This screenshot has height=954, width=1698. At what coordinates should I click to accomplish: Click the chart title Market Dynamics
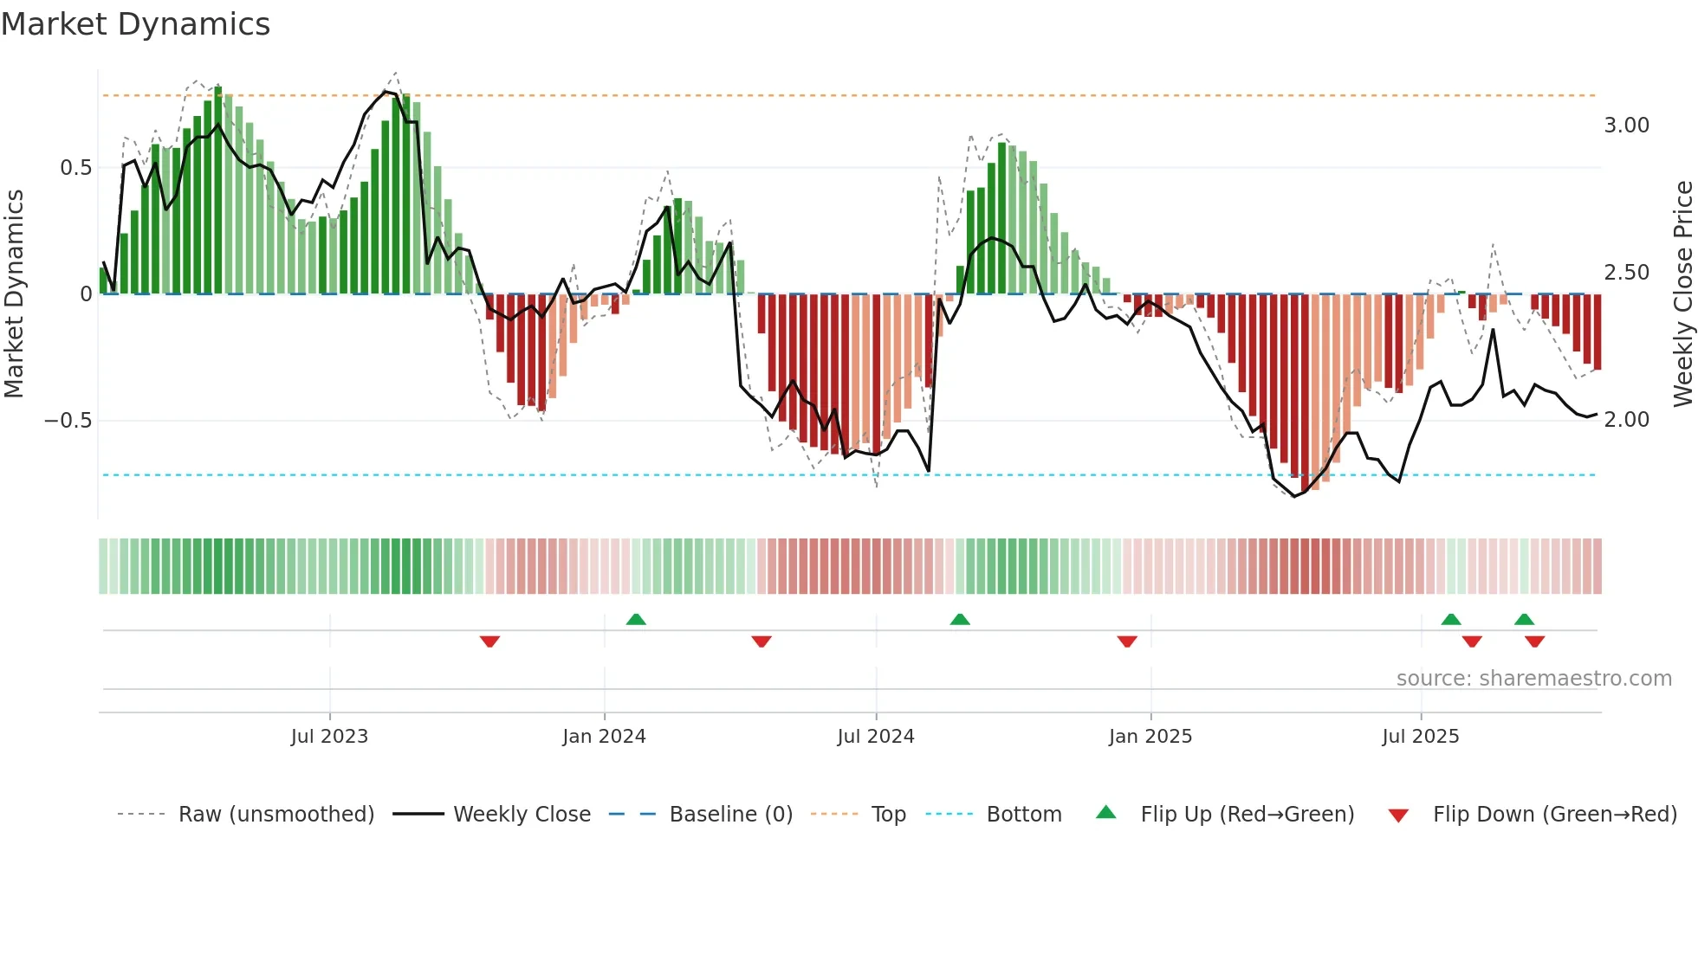tap(136, 24)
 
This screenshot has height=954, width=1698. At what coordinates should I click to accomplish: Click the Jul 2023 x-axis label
tap(329, 737)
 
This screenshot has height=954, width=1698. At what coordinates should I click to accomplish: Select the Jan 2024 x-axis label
tap(604, 737)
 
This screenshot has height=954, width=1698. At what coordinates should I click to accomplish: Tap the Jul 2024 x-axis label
tap(875, 737)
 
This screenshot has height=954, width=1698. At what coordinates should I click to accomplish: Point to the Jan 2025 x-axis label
tap(1150, 737)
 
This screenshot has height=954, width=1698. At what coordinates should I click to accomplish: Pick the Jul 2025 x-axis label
tap(1420, 737)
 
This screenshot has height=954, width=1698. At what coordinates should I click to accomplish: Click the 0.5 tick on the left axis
tap(75, 168)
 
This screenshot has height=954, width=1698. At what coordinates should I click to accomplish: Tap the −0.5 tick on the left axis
tap(68, 421)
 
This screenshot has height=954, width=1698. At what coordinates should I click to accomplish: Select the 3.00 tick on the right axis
tap(1626, 126)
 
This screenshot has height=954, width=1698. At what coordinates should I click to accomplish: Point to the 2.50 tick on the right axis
tap(1626, 273)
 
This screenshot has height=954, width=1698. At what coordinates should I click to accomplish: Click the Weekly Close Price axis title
tap(1682, 294)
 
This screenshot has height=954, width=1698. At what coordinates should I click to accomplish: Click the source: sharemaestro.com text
tap(1533, 679)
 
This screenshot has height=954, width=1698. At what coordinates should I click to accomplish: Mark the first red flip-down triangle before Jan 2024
tap(489, 641)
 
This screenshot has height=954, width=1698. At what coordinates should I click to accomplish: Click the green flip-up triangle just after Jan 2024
tap(636, 619)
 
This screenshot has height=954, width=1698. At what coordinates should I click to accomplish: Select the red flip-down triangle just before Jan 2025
tap(1126, 641)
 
